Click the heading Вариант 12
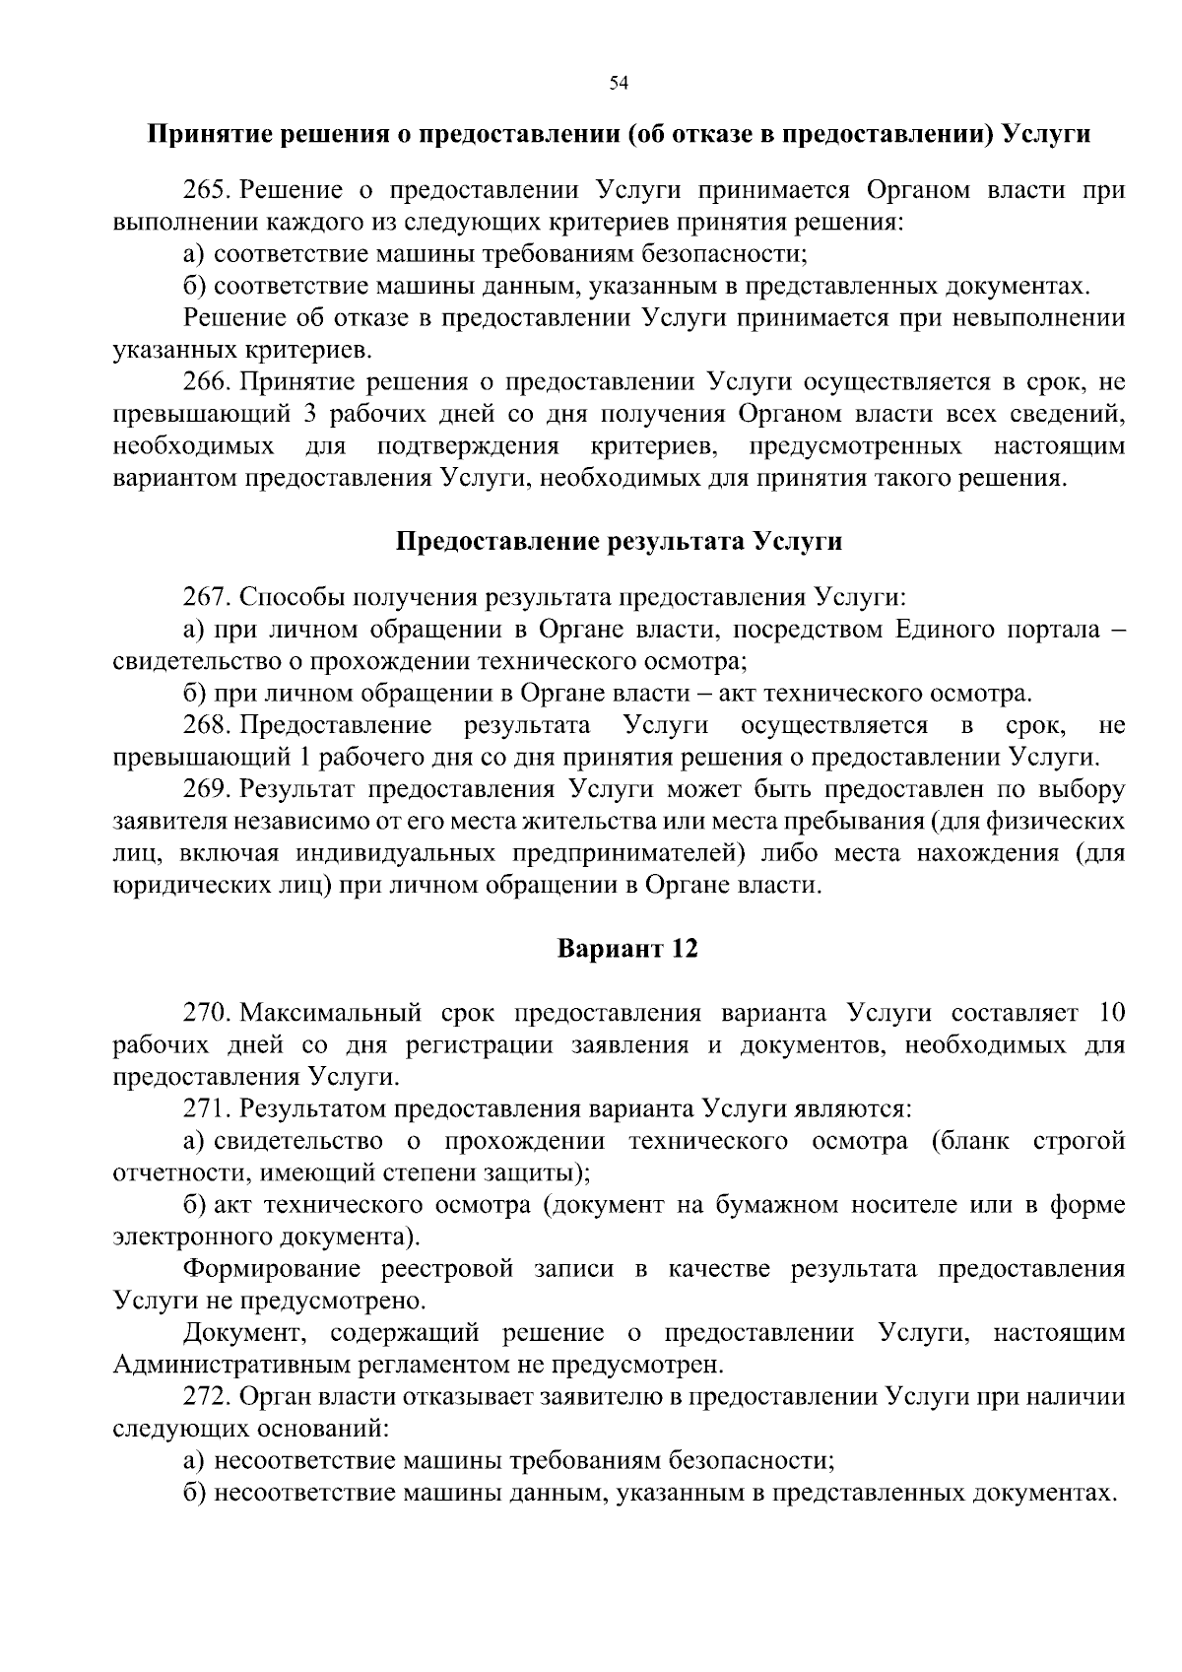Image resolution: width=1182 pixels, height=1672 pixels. (627, 949)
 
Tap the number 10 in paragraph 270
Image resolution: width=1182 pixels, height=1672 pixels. (1109, 1013)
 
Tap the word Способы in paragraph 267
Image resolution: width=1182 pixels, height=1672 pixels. (278, 598)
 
